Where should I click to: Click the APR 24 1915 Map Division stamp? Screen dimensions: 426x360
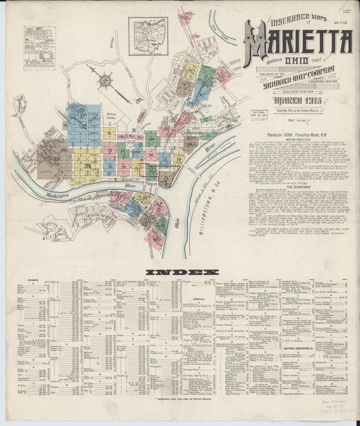[x=259, y=116]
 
